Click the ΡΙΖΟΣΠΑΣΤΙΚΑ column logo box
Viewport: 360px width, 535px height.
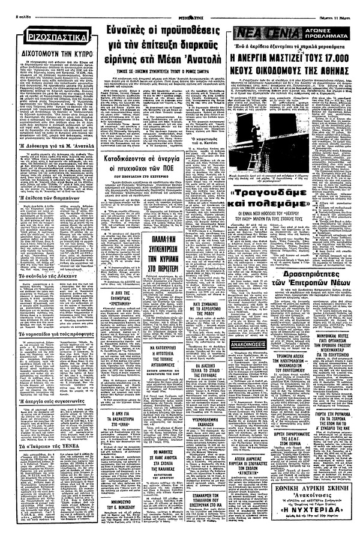pyautogui.click(x=51, y=41)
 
